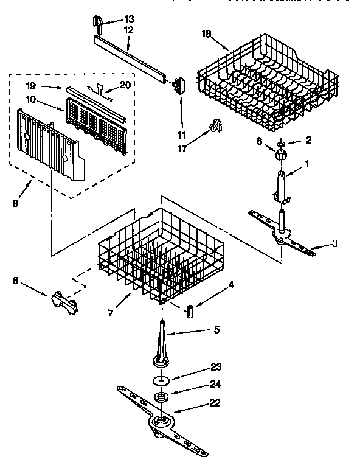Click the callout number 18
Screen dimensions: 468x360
206,33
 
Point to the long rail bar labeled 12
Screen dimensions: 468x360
131,58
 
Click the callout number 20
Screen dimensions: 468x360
125,85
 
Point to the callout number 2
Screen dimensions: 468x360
309,140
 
